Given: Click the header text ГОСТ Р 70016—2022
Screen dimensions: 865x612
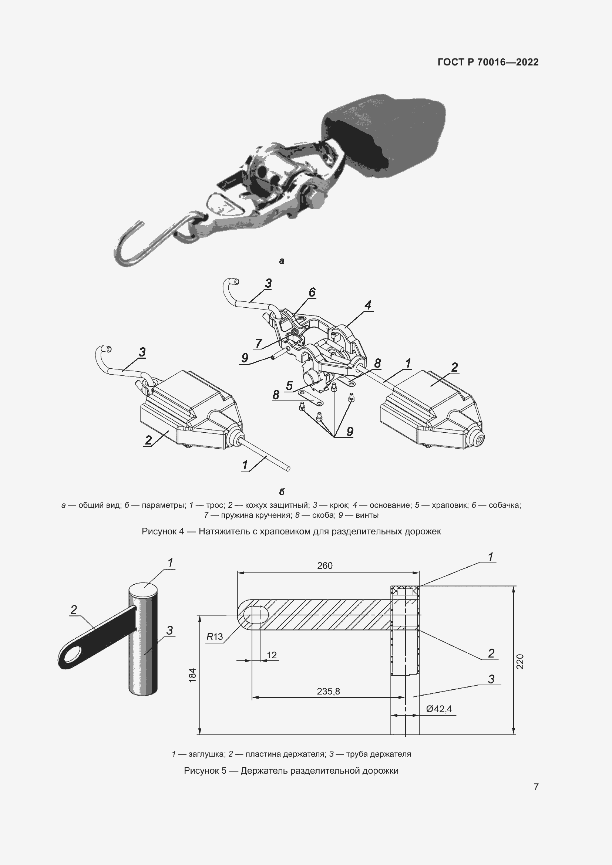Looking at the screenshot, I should click(x=488, y=62).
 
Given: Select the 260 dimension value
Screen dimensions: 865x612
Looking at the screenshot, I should click(x=325, y=565).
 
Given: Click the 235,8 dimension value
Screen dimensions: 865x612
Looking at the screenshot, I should click(x=328, y=691).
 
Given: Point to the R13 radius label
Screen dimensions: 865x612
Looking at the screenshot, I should click(x=215, y=637).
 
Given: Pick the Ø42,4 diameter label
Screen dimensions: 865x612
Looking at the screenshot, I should click(x=439, y=709).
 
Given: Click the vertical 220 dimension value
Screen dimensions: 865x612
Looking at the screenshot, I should click(x=520, y=662).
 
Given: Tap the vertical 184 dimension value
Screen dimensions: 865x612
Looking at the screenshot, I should click(x=192, y=675).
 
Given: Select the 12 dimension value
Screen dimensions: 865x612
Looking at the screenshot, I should click(x=272, y=655).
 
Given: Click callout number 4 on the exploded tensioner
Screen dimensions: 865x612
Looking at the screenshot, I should click(x=368, y=305).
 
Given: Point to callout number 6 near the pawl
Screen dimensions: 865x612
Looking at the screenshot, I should click(x=312, y=292).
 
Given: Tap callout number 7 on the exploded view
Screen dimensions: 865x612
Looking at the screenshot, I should click(x=259, y=343).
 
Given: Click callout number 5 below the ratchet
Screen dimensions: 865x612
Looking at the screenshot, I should click(x=289, y=385).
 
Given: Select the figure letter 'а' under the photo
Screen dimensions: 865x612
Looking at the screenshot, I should click(x=282, y=261).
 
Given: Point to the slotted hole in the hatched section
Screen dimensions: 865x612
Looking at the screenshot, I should click(x=256, y=615).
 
